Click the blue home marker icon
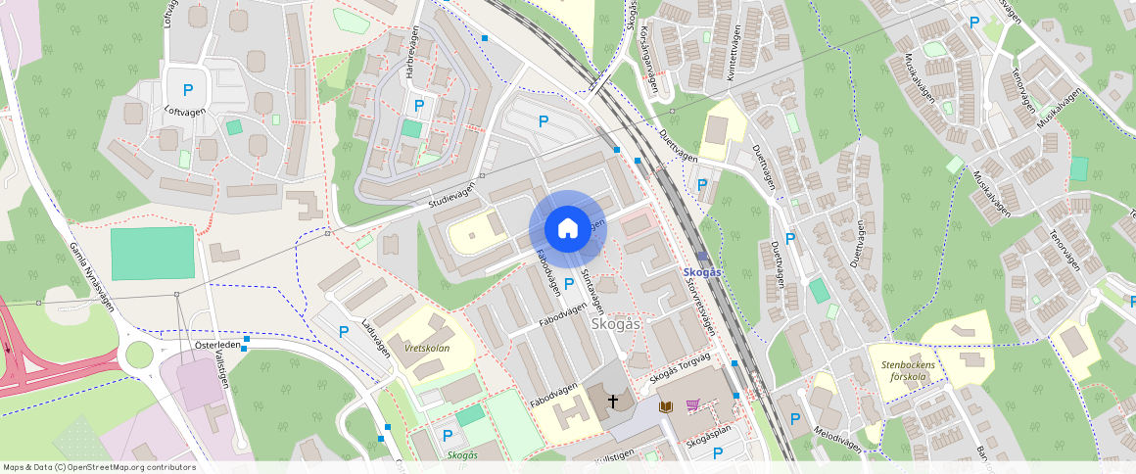567,229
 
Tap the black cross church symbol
614,401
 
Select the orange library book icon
667,405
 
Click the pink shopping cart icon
693,404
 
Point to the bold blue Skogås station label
701,271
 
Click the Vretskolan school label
426,348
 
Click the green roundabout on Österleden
139,354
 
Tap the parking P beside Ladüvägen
344,332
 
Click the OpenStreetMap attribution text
99,467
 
